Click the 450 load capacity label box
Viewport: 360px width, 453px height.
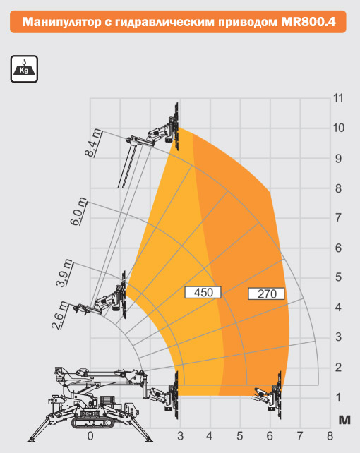click(203, 292)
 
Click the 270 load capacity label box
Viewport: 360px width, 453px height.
click(266, 294)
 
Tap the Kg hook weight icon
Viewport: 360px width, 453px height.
click(24, 69)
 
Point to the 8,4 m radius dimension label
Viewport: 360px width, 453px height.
click(94, 143)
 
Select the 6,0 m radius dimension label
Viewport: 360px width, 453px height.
click(78, 211)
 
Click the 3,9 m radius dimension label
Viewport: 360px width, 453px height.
click(64, 273)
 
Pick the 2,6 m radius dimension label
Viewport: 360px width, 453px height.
click(60, 315)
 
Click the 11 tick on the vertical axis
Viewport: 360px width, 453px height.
click(338, 98)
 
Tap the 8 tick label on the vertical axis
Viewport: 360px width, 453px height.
click(338, 188)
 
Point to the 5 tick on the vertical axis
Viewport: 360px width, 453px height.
click(338, 277)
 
